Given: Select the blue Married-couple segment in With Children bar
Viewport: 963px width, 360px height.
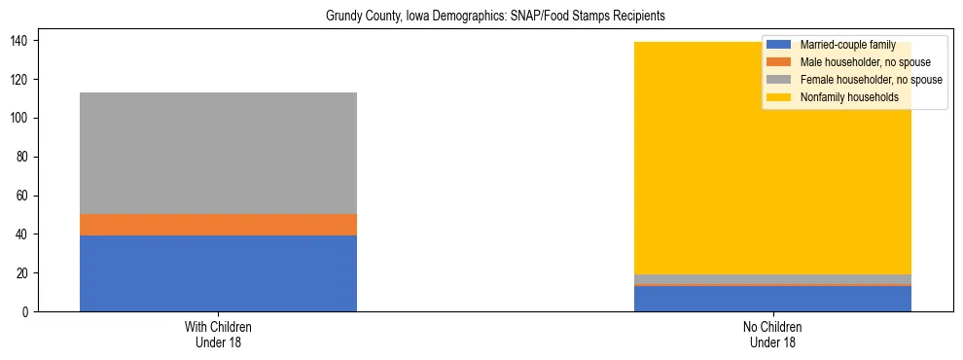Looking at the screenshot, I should click(x=218, y=273).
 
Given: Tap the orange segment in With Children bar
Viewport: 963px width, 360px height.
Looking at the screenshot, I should click(x=218, y=225).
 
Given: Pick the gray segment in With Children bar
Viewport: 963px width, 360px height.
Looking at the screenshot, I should click(x=218, y=153).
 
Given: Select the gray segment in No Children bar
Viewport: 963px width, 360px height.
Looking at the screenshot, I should click(x=772, y=279).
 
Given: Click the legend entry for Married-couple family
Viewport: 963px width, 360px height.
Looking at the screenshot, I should click(x=847, y=45).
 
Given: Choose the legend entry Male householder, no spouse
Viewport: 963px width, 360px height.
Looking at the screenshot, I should click(x=865, y=62).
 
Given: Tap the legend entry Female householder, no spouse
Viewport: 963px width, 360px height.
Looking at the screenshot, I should click(x=871, y=80).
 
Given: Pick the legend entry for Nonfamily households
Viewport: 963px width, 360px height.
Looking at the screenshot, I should click(x=848, y=97).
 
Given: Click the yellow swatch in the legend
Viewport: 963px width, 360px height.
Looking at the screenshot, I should click(x=778, y=97).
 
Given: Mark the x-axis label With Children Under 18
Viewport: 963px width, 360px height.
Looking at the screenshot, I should click(x=218, y=335).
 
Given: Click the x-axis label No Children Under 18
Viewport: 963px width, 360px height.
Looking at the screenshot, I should click(x=772, y=335).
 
